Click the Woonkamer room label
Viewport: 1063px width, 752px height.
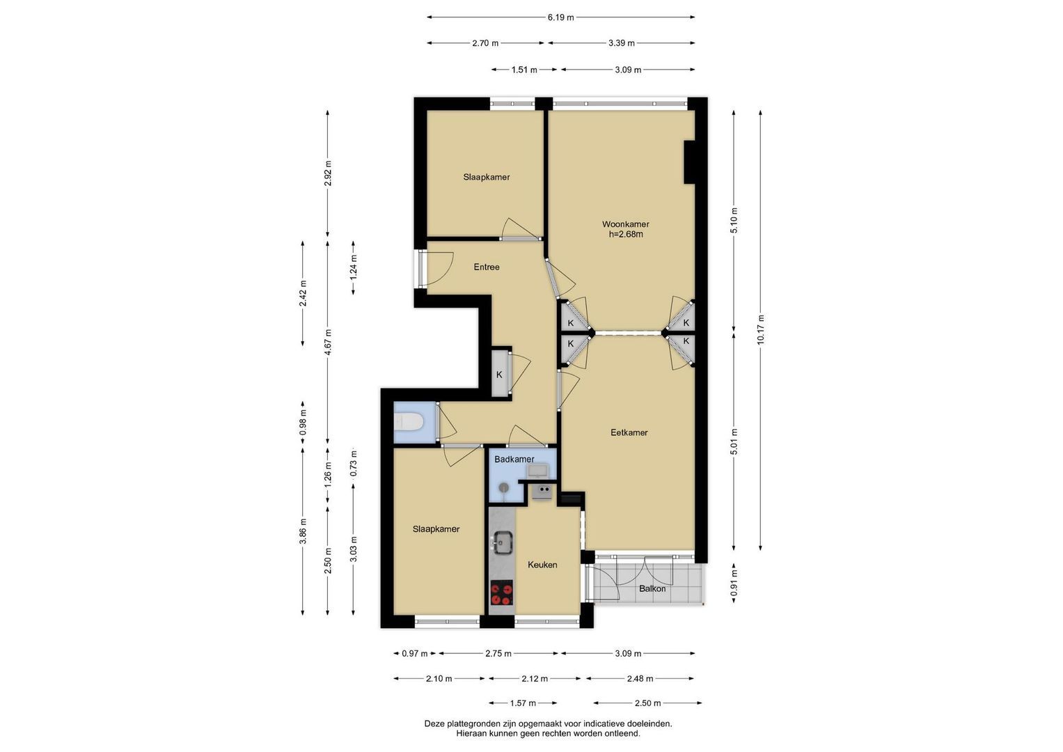[625, 224]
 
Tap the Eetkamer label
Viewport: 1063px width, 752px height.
[629, 432]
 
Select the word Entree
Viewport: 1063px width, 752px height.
[487, 267]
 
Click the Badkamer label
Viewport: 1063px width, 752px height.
[514, 459]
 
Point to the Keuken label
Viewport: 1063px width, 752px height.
[542, 565]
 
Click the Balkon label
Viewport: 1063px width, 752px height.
[652, 588]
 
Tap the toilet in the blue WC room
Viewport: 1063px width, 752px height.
[409, 422]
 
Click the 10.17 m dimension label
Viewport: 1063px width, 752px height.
[761, 329]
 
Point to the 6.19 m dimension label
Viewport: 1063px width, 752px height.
[560, 17]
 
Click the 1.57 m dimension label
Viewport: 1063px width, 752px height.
[523, 703]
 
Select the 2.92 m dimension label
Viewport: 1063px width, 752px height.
[328, 173]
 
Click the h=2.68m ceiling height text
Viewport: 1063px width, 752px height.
[626, 235]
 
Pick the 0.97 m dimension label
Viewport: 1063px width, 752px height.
[415, 654]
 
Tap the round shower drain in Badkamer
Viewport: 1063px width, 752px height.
[503, 487]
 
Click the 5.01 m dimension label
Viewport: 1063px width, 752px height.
[734, 441]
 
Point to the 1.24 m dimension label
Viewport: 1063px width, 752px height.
[354, 267]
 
